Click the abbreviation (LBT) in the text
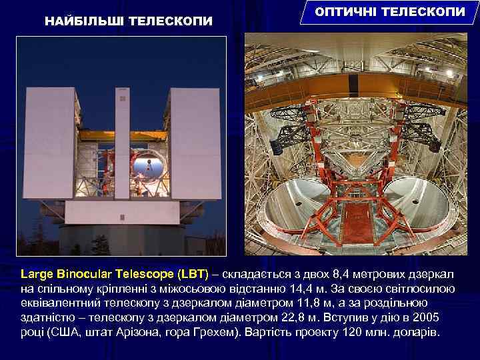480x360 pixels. (193, 274)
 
